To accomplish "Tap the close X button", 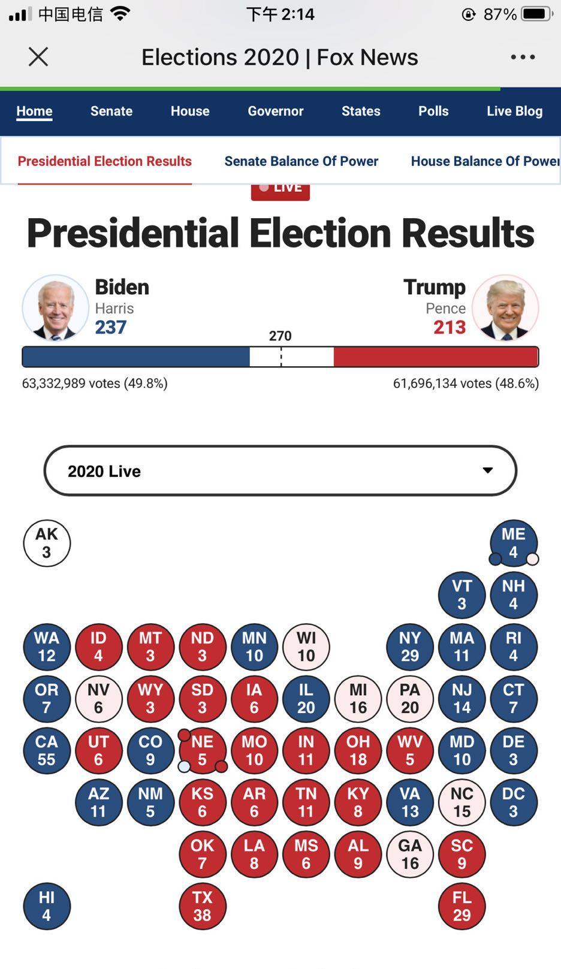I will tap(38, 57).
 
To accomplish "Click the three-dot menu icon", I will tap(523, 57).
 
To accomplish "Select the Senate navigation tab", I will tap(111, 111).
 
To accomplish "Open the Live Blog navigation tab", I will tap(514, 111).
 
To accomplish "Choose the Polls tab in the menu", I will tap(433, 111).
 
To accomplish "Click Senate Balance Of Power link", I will tap(301, 161).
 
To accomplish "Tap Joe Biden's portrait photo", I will tap(56, 308).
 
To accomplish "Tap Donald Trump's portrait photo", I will tap(505, 308).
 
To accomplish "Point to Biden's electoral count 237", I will tap(111, 327).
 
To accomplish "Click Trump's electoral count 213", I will tap(450, 327).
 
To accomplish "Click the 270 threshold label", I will tap(280, 336).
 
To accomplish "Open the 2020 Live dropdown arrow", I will tap(488, 470).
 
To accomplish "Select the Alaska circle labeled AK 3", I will tap(47, 543).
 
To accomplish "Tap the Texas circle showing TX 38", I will tap(203, 906).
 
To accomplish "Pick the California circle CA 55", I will tap(47, 750).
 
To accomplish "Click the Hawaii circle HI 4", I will tap(47, 906).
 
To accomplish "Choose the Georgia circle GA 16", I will tap(410, 854).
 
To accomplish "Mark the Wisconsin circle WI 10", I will tap(306, 647).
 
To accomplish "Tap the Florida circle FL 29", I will tap(462, 906).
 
